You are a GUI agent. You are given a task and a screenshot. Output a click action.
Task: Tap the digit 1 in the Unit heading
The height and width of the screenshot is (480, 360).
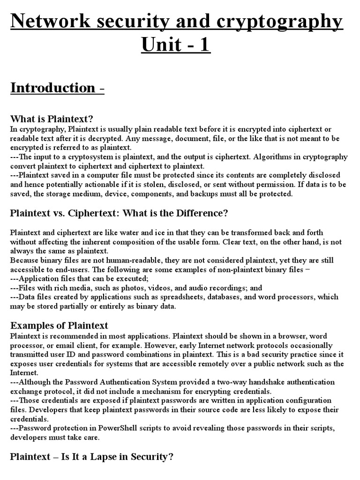point(204,45)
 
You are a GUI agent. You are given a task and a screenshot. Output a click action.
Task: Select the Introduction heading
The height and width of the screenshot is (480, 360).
point(52,88)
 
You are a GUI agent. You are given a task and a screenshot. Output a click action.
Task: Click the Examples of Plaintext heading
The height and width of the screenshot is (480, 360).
point(59,325)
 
